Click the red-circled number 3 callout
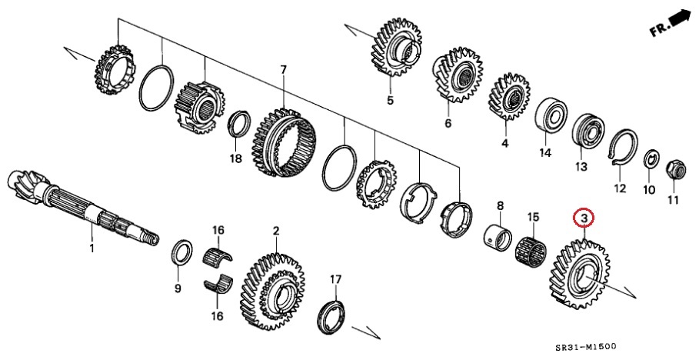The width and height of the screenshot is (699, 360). click(x=584, y=218)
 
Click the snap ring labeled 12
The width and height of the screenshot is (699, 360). click(x=623, y=149)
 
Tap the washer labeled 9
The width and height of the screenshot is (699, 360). click(x=182, y=252)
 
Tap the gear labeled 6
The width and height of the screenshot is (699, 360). click(x=458, y=76)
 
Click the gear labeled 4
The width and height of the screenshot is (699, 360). click(x=510, y=97)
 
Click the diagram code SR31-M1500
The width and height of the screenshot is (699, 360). click(x=586, y=347)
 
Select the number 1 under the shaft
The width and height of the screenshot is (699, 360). click(x=92, y=248)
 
